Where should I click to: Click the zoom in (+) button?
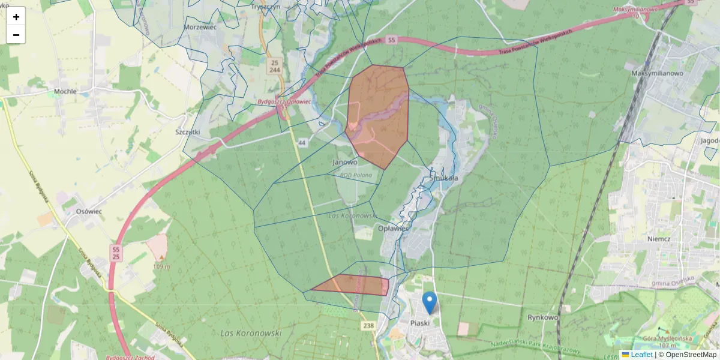tap(16, 16)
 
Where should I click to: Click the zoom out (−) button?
tap(16, 35)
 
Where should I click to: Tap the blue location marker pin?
tap(429, 302)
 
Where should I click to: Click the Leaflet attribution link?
tap(641, 355)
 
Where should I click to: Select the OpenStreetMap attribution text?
tap(687, 355)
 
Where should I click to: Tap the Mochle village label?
tap(65, 92)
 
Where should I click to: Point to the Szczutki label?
tap(188, 132)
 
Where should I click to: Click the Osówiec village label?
tap(87, 212)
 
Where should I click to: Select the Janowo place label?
tap(344, 162)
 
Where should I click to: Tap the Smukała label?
tap(444, 178)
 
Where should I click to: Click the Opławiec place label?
tap(394, 229)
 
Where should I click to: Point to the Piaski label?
tap(419, 323)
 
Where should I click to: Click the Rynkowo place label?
tap(542, 317)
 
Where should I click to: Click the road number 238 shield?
tap(368, 325)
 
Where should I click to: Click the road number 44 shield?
tap(301, 143)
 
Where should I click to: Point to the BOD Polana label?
tap(356, 175)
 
